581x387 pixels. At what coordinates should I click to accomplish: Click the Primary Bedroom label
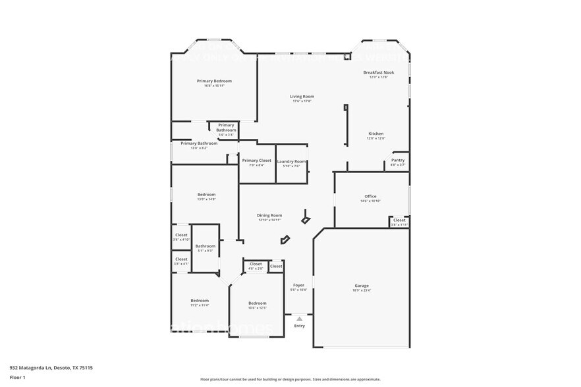(214, 81)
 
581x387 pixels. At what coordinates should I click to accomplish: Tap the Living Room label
(302, 97)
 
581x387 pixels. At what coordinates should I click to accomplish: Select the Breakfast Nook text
(378, 72)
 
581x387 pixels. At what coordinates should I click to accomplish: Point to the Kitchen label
(375, 134)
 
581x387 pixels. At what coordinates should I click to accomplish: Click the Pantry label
(398, 160)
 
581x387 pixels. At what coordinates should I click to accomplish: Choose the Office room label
(370, 196)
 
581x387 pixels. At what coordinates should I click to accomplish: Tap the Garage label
(362, 286)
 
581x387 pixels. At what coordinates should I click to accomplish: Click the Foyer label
(298, 285)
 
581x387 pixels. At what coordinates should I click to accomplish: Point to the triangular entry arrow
(299, 319)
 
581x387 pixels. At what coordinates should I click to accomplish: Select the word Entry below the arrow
(299, 326)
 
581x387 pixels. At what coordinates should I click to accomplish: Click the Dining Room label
(269, 215)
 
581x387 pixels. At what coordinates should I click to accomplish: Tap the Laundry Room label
(291, 161)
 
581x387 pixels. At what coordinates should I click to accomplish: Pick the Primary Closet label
(256, 161)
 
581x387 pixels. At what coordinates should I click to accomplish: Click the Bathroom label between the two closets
(206, 246)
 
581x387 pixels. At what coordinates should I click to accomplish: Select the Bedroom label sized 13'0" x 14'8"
(206, 194)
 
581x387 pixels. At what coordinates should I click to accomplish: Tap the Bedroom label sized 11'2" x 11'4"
(200, 300)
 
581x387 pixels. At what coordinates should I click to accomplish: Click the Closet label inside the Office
(399, 220)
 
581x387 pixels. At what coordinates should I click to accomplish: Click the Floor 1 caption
(17, 377)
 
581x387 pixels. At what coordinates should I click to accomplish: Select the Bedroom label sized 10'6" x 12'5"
(257, 303)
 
